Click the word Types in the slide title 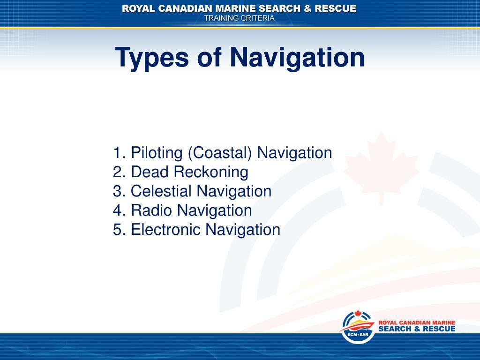pos(152,58)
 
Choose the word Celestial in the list pos(161,191)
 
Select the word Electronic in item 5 pos(166,230)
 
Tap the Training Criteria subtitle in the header pos(239,18)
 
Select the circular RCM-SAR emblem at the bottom pos(358,327)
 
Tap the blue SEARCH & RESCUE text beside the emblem pos(416,329)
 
